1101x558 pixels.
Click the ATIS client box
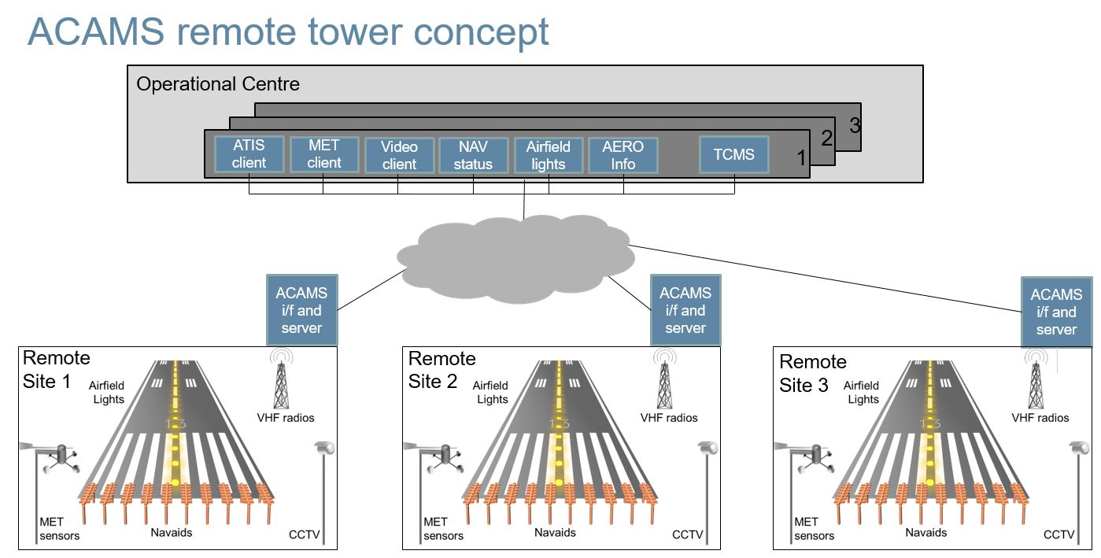coord(249,154)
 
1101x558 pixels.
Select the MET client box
coord(324,154)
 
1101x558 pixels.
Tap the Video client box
coord(399,155)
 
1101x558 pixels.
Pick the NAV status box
coord(473,155)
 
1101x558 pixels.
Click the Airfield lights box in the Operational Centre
coord(548,155)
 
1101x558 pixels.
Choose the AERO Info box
coord(623,155)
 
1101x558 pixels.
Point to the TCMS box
coord(733,154)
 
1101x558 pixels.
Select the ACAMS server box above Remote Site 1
coord(301,310)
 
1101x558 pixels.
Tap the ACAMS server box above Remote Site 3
coord(1056,312)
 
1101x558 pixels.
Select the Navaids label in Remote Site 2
coord(555,533)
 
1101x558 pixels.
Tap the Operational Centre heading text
coord(218,84)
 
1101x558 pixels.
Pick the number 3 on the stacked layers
coord(855,124)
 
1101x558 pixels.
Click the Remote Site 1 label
coord(56,370)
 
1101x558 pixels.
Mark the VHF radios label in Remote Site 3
coord(1040,418)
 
